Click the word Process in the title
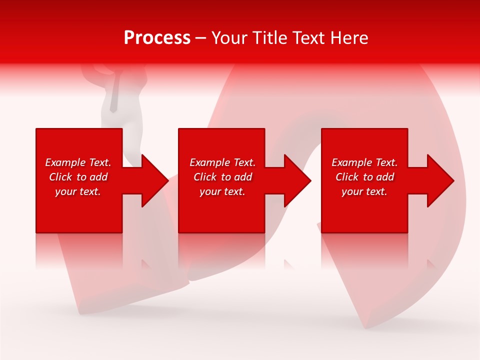click(157, 38)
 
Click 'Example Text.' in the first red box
click(78, 162)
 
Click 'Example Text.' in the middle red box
click(222, 162)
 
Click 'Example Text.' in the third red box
click(364, 162)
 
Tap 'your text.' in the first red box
click(78, 191)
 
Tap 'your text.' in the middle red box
click(222, 191)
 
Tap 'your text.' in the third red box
click(364, 191)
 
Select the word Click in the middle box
click(205, 177)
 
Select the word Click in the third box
click(347, 177)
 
